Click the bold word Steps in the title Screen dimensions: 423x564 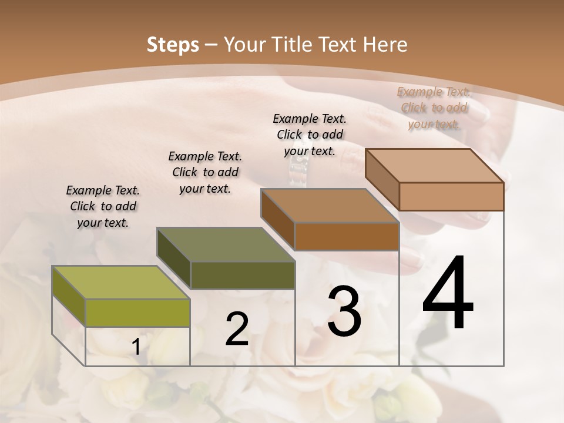pyautogui.click(x=173, y=45)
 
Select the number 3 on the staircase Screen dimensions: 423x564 pyautogui.click(x=344, y=311)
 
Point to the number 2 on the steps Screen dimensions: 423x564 pyautogui.click(x=237, y=329)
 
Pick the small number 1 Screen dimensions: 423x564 pyautogui.click(x=136, y=347)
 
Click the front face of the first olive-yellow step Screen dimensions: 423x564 pyautogui.click(x=137, y=313)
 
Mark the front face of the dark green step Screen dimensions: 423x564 pyautogui.click(x=242, y=275)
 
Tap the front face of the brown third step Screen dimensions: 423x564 pyautogui.click(x=347, y=237)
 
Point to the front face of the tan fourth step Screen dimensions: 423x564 pyautogui.click(x=451, y=196)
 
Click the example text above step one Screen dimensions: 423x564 pyautogui.click(x=103, y=207)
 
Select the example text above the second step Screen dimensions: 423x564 pyautogui.click(x=205, y=172)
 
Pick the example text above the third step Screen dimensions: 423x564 pyautogui.click(x=310, y=135)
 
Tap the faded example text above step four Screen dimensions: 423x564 pyautogui.click(x=434, y=108)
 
